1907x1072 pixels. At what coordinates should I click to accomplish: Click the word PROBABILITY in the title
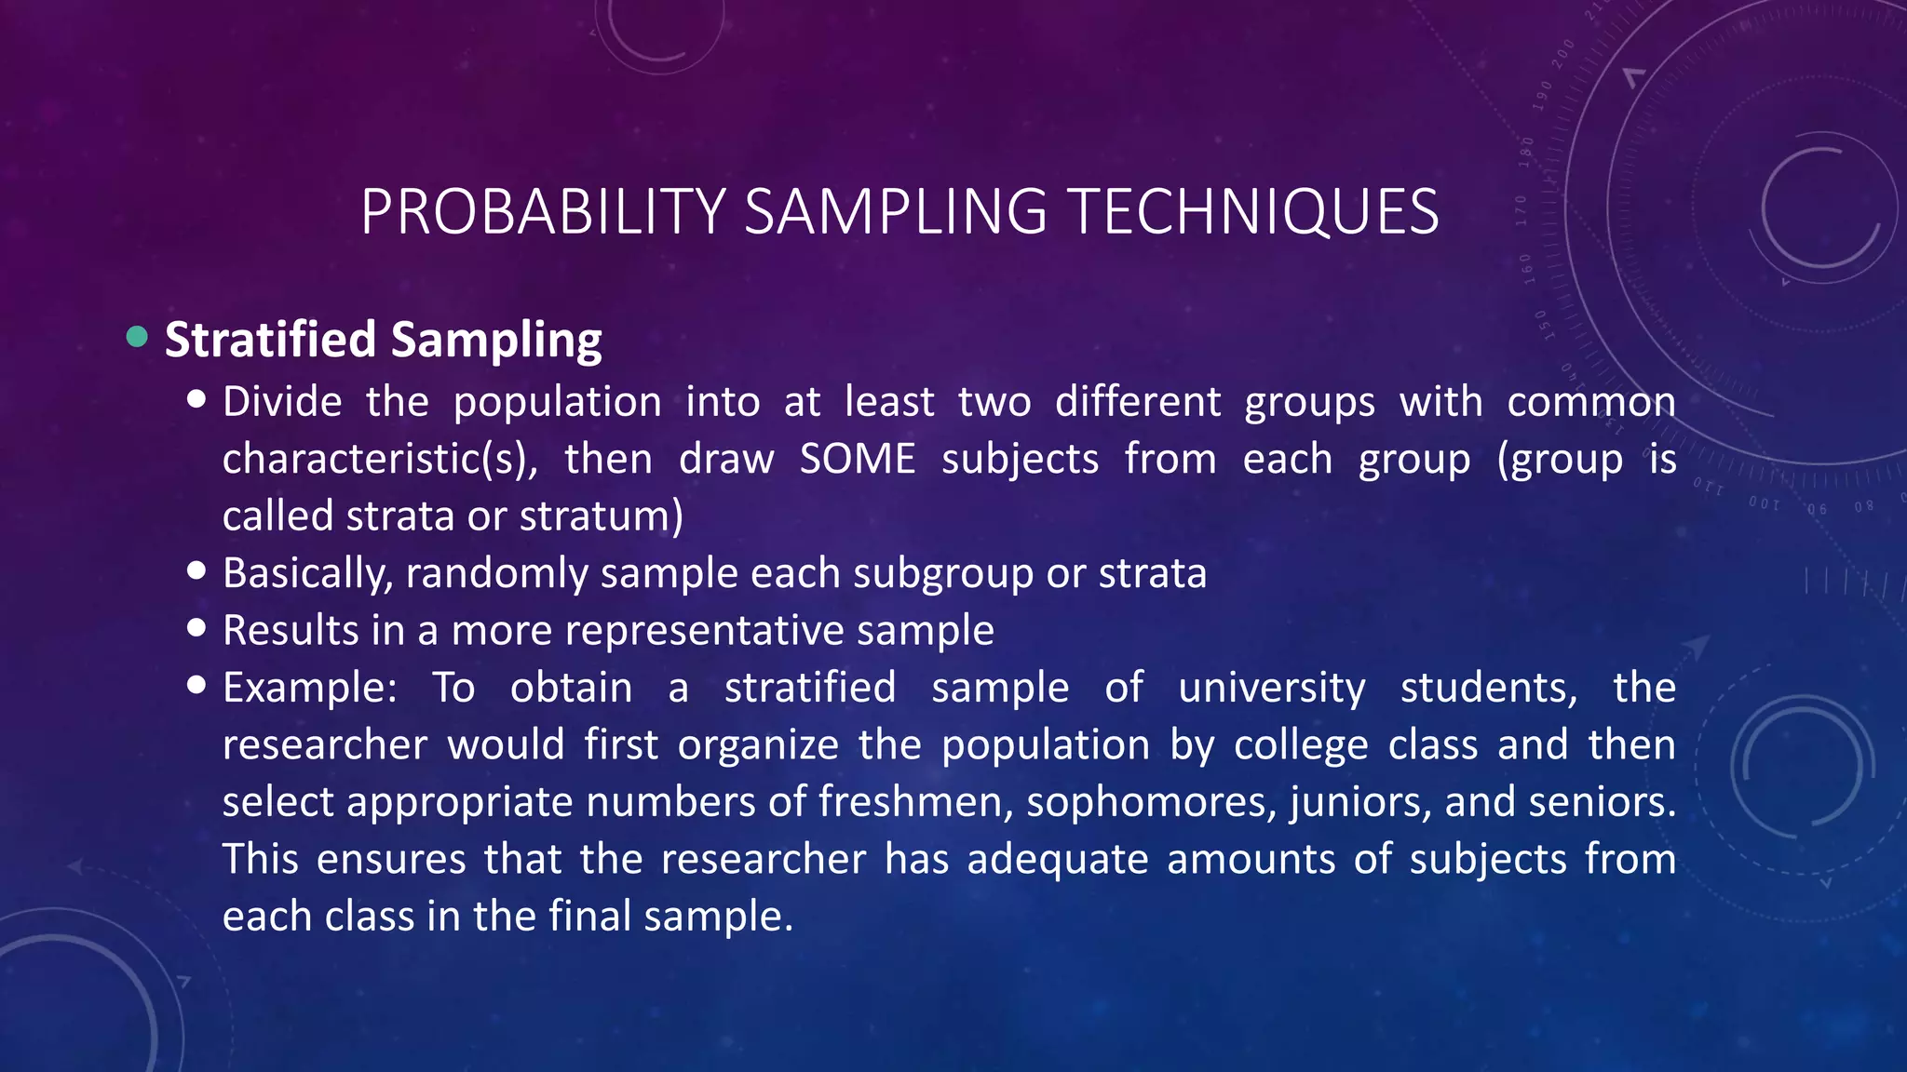pyautogui.click(x=543, y=212)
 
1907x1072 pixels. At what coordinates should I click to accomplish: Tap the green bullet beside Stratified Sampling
pyautogui.click(x=137, y=337)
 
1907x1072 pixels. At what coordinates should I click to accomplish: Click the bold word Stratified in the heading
pyautogui.click(x=270, y=339)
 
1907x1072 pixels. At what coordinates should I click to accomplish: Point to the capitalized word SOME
pyautogui.click(x=858, y=459)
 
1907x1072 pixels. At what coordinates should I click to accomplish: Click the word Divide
pyautogui.click(x=282, y=402)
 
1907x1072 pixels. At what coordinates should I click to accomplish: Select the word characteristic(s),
pyautogui.click(x=380, y=460)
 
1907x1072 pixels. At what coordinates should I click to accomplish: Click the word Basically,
pyautogui.click(x=307, y=574)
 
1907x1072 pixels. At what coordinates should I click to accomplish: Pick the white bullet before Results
pyautogui.click(x=196, y=628)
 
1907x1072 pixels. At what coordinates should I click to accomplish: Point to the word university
pyautogui.click(x=1271, y=689)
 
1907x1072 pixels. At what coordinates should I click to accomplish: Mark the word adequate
pyautogui.click(x=1057, y=859)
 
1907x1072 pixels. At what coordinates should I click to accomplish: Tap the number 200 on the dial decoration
pyautogui.click(x=1563, y=51)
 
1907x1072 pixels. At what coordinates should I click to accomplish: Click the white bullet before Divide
pyautogui.click(x=196, y=400)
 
